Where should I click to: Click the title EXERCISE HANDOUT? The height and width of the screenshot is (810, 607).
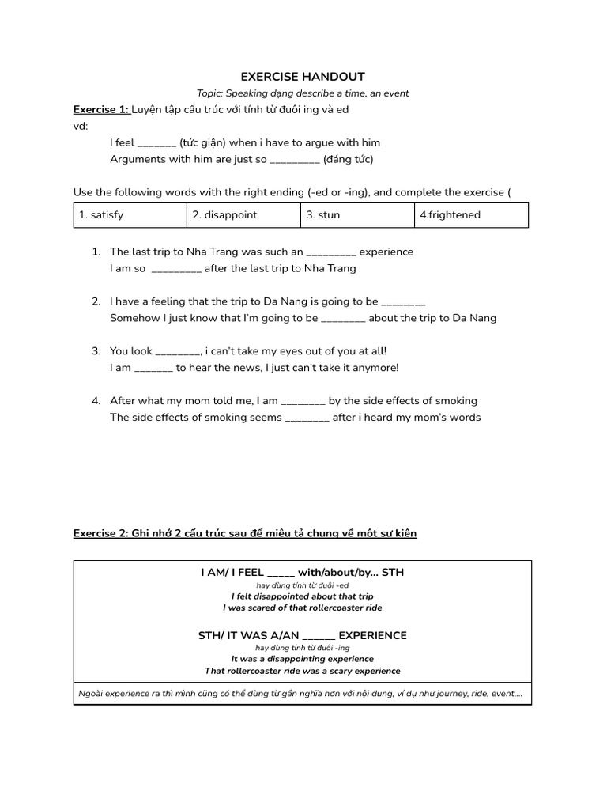coord(303,77)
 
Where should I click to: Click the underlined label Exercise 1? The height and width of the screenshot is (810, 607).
coord(101,109)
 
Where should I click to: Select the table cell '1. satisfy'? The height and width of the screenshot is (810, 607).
coord(130,214)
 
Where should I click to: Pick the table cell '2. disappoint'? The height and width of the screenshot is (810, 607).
coord(244,214)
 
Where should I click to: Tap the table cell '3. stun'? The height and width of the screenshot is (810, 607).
coord(357,214)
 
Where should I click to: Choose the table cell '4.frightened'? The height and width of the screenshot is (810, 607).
coord(471,214)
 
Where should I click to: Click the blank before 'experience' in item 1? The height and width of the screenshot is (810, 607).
coord(331,252)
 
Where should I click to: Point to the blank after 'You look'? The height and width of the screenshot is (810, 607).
coord(178,352)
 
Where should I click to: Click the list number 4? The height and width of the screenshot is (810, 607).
coord(96,401)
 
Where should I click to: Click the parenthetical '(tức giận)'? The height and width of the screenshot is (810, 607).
coord(202,142)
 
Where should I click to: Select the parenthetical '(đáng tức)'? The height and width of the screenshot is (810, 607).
coord(348,159)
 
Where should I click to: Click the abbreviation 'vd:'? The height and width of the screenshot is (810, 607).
coord(81,126)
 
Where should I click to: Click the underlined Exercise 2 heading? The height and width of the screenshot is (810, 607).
coord(245,534)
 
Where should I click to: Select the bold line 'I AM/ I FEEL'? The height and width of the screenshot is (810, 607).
coord(303,572)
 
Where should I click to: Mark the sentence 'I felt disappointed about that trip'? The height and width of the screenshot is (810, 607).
coord(303,596)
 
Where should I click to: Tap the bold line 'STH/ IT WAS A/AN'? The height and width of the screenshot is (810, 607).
coord(303,635)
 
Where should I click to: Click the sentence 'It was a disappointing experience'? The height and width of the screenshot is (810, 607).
coord(303,659)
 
